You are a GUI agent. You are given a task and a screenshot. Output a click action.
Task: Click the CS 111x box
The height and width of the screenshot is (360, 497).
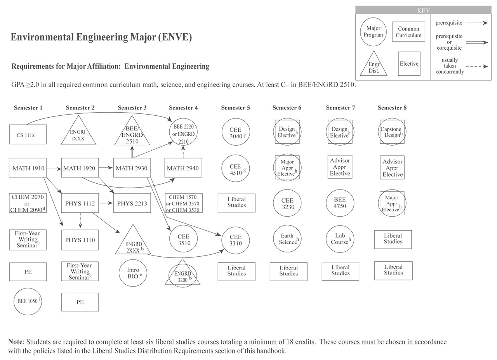click(x=28, y=135)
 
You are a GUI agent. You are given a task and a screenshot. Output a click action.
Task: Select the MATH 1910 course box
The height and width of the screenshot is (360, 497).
click(x=28, y=168)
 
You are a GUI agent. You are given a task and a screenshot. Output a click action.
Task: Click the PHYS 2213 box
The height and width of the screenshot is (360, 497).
click(x=132, y=203)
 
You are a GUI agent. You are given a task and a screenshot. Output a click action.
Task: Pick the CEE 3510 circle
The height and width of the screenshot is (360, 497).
click(x=184, y=240)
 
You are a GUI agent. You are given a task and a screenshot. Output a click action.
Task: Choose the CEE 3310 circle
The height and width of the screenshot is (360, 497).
click(x=235, y=240)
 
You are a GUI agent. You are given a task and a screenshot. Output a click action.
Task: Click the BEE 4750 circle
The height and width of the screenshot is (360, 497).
click(x=340, y=203)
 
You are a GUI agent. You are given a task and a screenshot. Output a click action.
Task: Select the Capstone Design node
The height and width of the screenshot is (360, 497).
click(x=392, y=132)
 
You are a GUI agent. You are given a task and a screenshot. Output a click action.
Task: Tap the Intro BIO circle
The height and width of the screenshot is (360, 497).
click(x=133, y=273)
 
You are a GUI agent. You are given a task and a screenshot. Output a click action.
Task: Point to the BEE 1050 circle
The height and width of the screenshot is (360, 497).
click(x=28, y=301)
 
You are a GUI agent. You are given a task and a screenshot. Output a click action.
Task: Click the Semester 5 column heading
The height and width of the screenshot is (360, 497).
click(x=235, y=108)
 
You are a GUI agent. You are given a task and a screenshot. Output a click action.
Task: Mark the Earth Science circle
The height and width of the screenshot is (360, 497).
click(x=287, y=239)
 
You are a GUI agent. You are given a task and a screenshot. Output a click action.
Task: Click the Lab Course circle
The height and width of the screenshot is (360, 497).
click(x=340, y=239)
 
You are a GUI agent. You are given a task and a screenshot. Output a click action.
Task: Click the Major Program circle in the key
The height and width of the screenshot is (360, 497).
click(x=373, y=31)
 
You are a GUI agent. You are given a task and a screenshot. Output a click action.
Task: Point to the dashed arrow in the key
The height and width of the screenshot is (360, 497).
click(x=477, y=66)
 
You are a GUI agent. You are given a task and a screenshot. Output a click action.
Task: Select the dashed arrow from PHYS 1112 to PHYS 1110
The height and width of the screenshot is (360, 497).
click(x=80, y=221)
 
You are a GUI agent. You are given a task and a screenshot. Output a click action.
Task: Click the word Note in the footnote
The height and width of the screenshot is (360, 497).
click(x=16, y=342)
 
